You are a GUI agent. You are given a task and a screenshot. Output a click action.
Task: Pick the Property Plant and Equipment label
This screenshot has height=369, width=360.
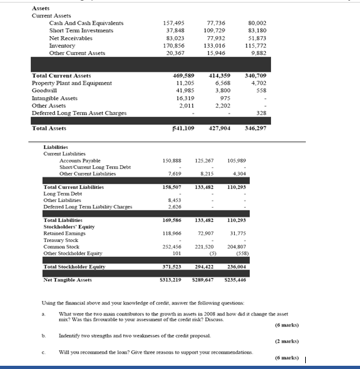(68, 83)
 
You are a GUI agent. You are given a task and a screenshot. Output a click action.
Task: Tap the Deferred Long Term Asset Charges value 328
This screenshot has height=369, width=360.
(261, 113)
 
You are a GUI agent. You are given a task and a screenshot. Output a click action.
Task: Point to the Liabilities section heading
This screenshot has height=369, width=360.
(56, 146)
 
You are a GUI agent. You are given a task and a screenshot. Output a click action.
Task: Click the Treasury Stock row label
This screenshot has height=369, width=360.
(62, 239)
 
